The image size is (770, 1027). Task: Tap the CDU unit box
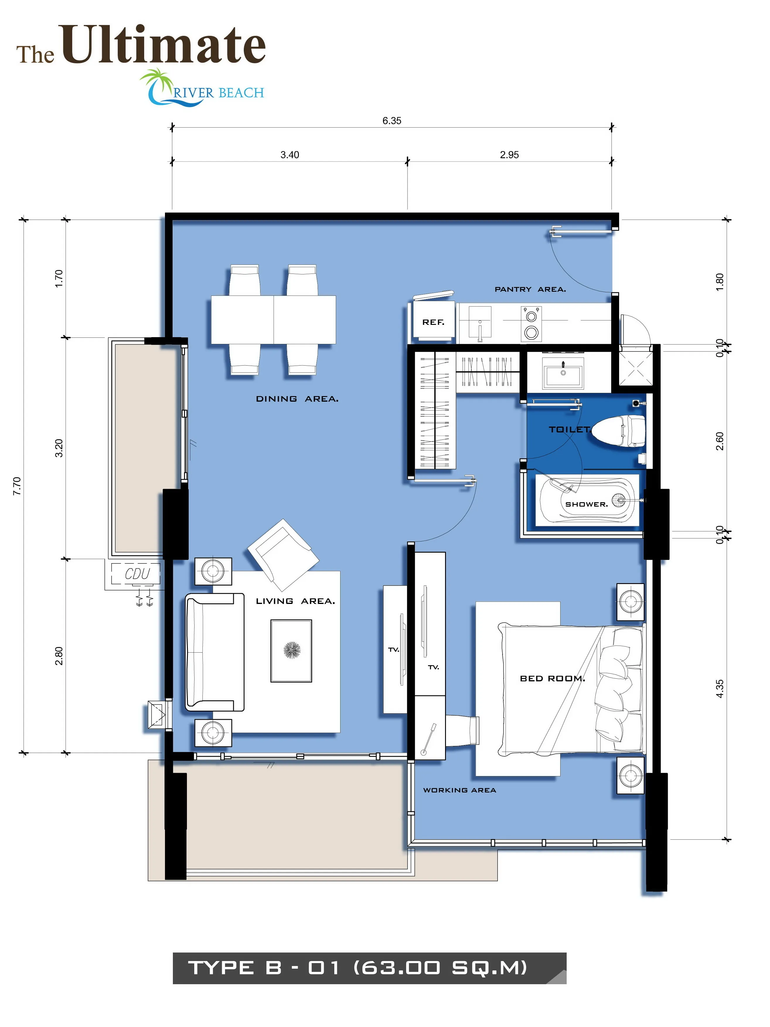click(136, 574)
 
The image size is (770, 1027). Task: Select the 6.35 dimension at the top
click(392, 121)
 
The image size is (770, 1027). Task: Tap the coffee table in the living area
click(291, 651)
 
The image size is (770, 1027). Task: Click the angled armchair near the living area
click(283, 554)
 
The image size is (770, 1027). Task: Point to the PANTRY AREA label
click(530, 289)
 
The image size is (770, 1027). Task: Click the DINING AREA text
click(297, 399)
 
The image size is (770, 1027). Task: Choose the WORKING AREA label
click(459, 790)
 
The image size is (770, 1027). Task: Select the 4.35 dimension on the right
click(719, 689)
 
